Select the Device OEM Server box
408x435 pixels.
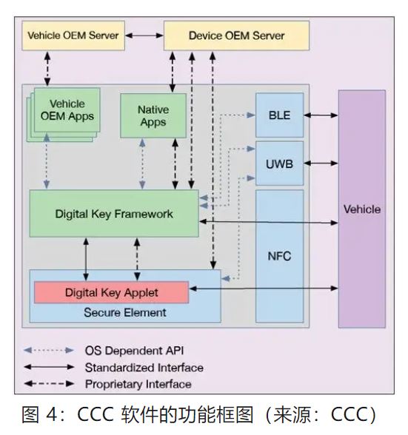[235, 36]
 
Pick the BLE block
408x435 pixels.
[279, 115]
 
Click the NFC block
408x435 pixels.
[279, 256]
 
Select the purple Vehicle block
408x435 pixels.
[361, 209]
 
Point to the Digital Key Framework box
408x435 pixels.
[114, 214]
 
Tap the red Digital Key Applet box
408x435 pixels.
[111, 291]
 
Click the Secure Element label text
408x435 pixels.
[124, 312]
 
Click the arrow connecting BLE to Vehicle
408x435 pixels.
[321, 115]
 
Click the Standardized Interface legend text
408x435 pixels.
[144, 367]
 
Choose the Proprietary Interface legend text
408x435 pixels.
[138, 384]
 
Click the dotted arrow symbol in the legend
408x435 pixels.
[49, 350]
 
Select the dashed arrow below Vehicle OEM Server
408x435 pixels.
[48, 67]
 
